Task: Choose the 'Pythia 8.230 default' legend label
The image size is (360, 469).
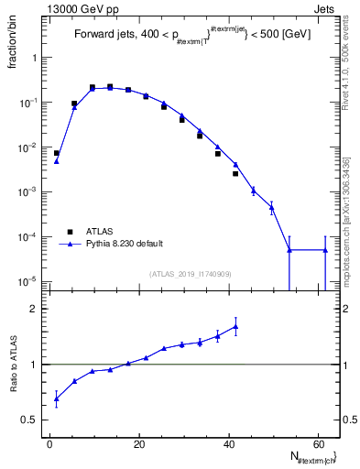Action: (x=125, y=244)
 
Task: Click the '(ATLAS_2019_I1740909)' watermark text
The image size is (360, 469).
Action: (x=191, y=274)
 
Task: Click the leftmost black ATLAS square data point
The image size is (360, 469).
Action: (x=56, y=153)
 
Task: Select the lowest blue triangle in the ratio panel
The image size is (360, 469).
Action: (x=56, y=398)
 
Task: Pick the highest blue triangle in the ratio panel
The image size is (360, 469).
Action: (x=235, y=326)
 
